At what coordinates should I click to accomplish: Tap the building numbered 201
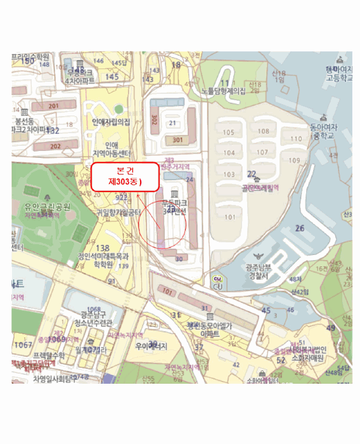point(54,106)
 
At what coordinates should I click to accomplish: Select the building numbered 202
point(55,146)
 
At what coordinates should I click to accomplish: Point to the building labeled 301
point(177,140)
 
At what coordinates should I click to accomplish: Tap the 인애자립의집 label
point(111,121)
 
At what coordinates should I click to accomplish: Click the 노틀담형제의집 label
point(223,91)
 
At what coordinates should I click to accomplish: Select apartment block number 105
point(229,131)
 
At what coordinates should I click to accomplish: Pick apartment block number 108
point(262,131)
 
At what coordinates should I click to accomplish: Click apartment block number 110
point(295,138)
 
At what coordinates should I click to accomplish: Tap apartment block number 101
point(229,217)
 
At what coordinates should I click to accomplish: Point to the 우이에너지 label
point(151,346)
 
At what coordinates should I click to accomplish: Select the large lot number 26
point(300,228)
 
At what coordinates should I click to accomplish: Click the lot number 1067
point(23,344)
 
